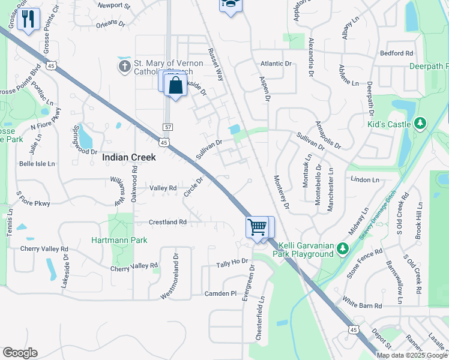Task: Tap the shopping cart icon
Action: tap(257, 227)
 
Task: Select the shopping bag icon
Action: tap(175, 85)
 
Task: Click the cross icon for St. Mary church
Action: tap(124, 65)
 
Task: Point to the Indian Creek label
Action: tap(129, 157)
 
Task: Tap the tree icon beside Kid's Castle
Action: tap(421, 124)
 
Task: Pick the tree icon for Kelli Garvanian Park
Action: tap(343, 247)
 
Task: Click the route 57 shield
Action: tap(168, 127)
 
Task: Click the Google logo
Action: tap(20, 352)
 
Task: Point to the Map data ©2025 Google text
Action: tap(412, 355)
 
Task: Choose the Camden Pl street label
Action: tap(221, 293)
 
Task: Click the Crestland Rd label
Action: tap(167, 222)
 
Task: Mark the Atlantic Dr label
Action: tap(276, 64)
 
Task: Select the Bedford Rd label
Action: tap(397, 53)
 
